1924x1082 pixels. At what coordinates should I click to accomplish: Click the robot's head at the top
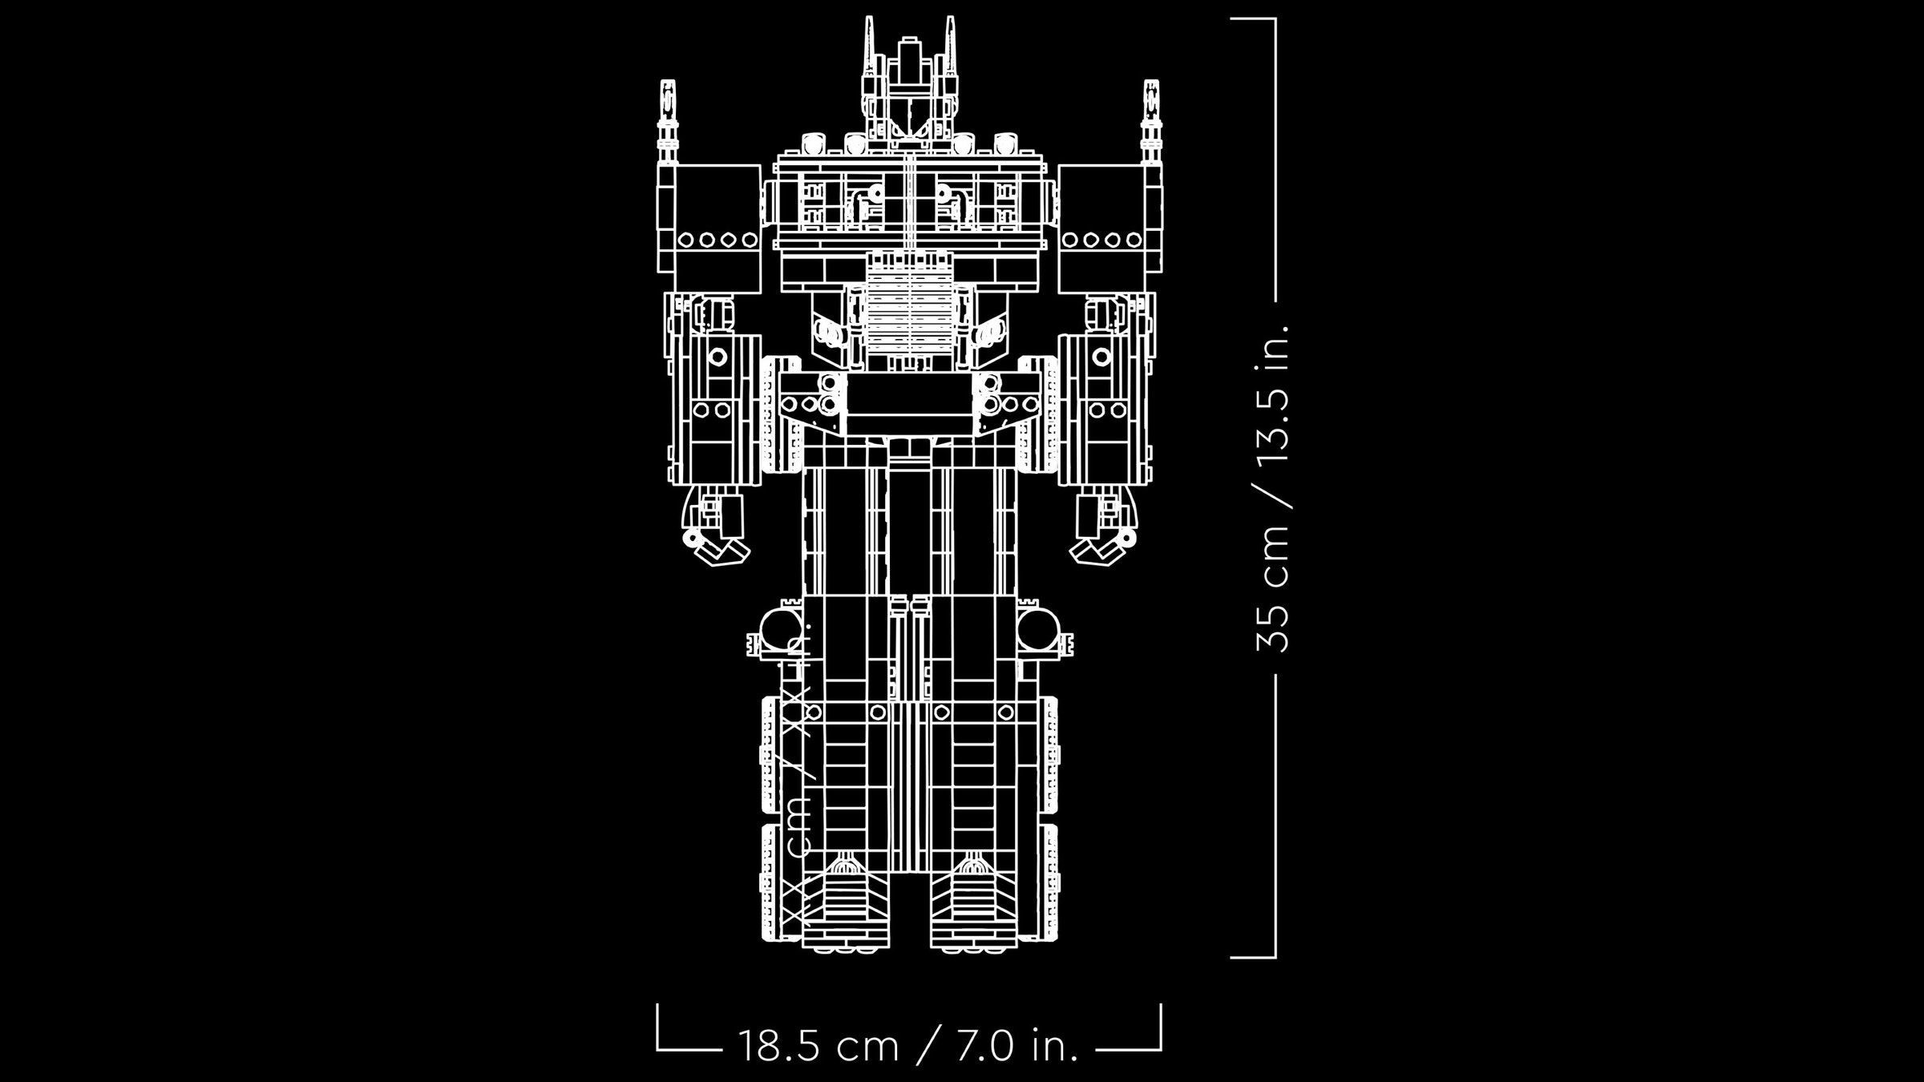[x=908, y=96]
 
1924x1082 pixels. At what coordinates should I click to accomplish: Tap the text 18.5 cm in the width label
[x=817, y=1046]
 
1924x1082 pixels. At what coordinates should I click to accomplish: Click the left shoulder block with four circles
[x=709, y=228]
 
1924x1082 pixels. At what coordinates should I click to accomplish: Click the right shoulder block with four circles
[x=1110, y=228]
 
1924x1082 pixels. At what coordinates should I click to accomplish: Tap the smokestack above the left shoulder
[x=667, y=120]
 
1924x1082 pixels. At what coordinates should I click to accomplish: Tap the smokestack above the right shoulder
[x=1151, y=120]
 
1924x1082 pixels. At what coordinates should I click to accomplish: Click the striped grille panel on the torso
[x=909, y=317]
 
